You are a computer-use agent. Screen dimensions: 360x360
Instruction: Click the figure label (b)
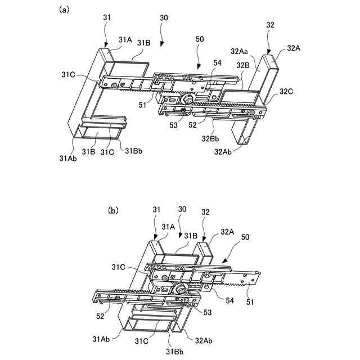(113, 210)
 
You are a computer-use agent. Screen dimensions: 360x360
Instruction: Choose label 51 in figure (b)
(251, 302)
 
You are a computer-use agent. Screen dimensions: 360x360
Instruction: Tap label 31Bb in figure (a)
(133, 150)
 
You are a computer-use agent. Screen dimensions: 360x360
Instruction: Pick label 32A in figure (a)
(293, 48)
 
